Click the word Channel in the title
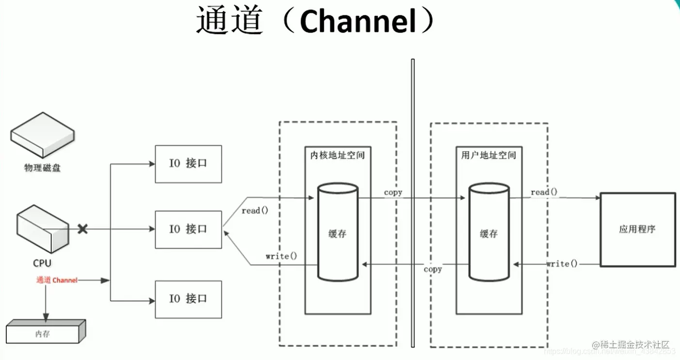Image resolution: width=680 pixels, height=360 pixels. pyautogui.click(x=358, y=22)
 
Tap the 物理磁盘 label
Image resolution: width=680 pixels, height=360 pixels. pyautogui.click(x=43, y=168)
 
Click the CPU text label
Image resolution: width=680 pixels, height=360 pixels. pyautogui.click(x=42, y=263)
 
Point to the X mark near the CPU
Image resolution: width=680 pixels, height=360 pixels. pyautogui.click(x=83, y=229)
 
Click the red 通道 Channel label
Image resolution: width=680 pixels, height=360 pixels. pyautogui.click(x=57, y=280)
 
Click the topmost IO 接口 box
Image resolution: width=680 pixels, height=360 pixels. pyautogui.click(x=188, y=164)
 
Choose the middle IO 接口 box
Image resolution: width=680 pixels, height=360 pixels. pyautogui.click(x=188, y=229)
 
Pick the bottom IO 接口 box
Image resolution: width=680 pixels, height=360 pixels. pyautogui.click(x=188, y=299)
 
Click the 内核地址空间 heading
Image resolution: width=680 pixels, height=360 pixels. pyautogui.click(x=337, y=156)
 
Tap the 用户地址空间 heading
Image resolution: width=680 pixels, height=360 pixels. pyautogui.click(x=489, y=156)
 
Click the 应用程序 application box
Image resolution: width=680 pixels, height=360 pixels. pyautogui.click(x=637, y=229)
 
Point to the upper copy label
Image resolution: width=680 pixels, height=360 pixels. pyautogui.click(x=393, y=192)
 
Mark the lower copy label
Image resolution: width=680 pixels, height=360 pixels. pyautogui.click(x=432, y=269)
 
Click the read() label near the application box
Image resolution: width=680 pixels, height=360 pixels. pyautogui.click(x=544, y=192)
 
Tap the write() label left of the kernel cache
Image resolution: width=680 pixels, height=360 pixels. pyautogui.click(x=281, y=256)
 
